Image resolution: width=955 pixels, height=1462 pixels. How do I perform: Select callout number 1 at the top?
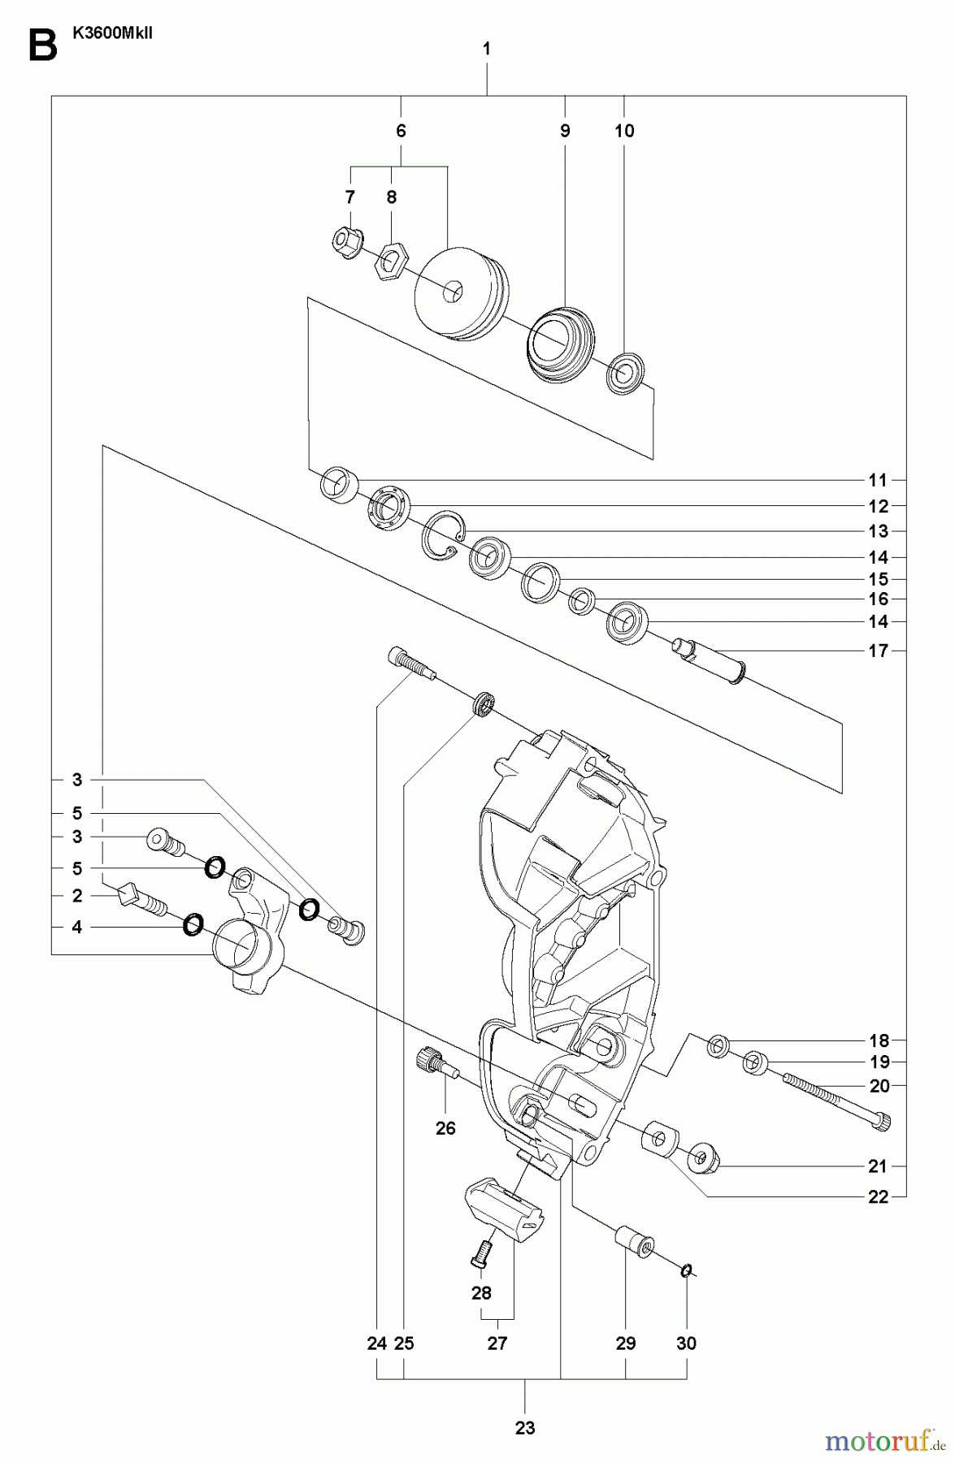pyautogui.click(x=486, y=50)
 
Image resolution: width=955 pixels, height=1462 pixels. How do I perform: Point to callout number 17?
pyautogui.click(x=878, y=651)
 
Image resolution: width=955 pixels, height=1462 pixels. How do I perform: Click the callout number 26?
pyautogui.click(x=445, y=1128)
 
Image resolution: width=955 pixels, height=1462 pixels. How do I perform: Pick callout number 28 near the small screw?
pyautogui.click(x=481, y=1292)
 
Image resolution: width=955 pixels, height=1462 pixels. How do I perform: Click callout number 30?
pyautogui.click(x=687, y=1343)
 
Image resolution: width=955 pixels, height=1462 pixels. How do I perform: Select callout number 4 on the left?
pyautogui.click(x=77, y=927)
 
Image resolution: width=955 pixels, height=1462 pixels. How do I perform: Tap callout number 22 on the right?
pyautogui.click(x=878, y=1196)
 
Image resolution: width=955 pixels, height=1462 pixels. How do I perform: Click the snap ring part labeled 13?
pyautogui.click(x=444, y=534)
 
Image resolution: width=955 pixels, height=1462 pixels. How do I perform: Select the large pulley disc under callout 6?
pyautogui.click(x=457, y=293)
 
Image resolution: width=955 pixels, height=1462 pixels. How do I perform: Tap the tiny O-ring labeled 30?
pyautogui.click(x=687, y=1270)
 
